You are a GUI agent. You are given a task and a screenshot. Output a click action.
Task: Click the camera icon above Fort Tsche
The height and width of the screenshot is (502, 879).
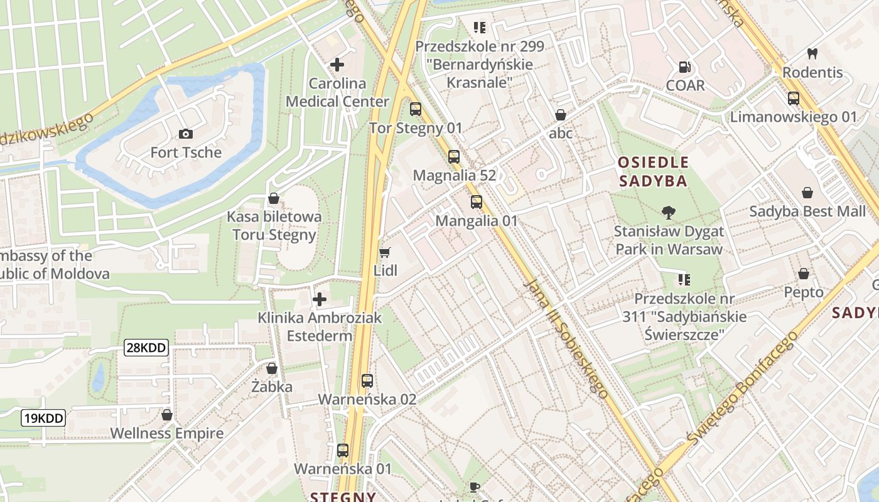point(185,134)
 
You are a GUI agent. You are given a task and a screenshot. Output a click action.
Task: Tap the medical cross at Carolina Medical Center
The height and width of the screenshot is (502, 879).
point(337,64)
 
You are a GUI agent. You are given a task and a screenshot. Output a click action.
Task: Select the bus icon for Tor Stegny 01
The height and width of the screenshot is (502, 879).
point(416,109)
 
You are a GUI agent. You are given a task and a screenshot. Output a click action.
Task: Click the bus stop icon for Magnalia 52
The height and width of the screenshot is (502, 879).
point(454,157)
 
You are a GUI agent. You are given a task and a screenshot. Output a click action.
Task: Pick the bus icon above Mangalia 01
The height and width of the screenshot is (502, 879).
point(477,202)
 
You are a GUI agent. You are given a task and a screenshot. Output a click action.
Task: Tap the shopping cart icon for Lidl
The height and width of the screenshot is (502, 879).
point(385,252)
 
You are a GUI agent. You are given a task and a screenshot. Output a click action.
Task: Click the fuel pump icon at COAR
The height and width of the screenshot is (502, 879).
point(685,67)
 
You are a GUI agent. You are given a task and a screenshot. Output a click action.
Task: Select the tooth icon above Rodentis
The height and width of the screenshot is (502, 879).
point(812,54)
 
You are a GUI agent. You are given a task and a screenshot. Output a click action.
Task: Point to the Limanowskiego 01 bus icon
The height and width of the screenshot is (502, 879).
point(794,99)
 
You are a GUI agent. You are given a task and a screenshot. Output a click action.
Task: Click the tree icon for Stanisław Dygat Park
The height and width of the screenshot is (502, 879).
point(669,213)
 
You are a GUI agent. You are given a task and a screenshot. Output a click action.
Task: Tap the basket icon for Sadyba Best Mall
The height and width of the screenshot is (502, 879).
point(807,193)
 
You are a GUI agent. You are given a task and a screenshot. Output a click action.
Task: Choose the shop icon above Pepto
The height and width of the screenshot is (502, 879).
point(803,274)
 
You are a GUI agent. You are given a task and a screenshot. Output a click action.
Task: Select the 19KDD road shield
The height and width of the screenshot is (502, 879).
point(43,418)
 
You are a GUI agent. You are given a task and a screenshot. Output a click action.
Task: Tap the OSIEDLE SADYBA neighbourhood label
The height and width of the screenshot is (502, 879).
point(653,172)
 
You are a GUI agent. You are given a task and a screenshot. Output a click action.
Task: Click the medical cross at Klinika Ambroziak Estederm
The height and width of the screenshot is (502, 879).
point(320,299)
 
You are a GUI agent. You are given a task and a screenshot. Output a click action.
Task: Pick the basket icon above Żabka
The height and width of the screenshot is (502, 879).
point(272,368)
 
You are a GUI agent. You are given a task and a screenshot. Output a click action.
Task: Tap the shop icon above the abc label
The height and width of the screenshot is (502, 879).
point(561,115)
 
